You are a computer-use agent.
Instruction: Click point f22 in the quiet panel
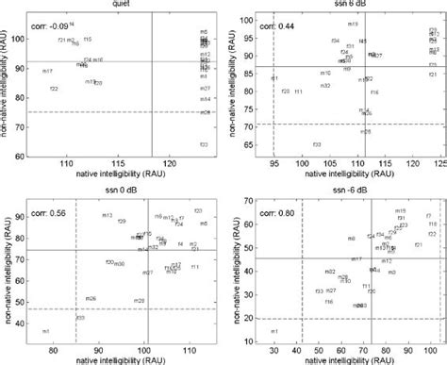click(54, 89)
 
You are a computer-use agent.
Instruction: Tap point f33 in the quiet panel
click(204, 144)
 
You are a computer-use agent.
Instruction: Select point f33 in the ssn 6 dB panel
click(317, 144)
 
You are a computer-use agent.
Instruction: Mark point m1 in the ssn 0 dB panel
click(45, 331)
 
